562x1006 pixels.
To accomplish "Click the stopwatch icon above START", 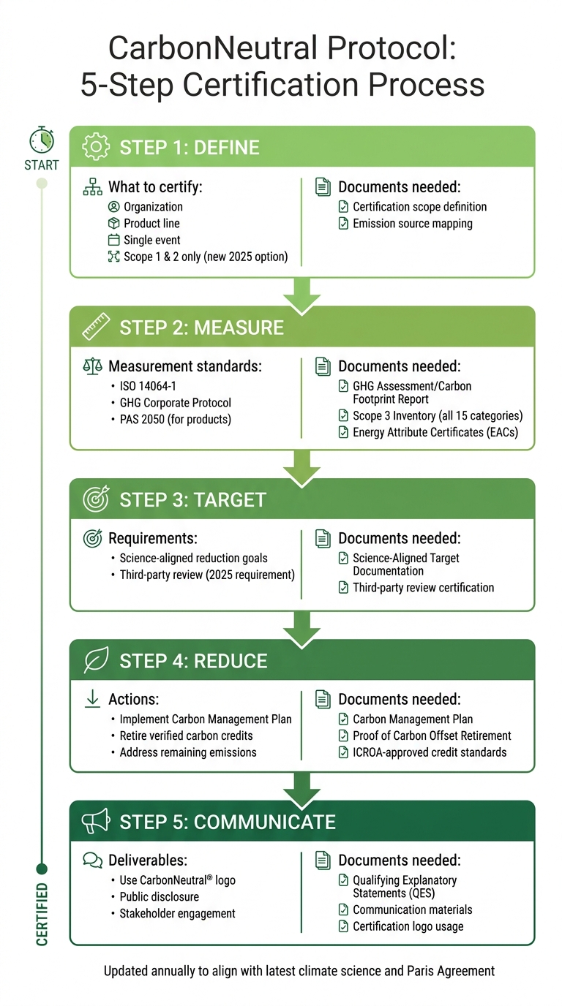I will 41,140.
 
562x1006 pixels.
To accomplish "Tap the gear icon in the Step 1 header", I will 95,147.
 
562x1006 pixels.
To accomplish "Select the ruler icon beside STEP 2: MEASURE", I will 96,327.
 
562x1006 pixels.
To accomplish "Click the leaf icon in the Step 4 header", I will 96,661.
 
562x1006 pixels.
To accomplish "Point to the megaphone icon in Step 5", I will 95,822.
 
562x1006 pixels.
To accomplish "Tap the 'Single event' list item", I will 151,240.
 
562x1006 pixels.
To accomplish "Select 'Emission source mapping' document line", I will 412,224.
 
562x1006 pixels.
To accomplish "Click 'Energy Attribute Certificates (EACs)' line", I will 435,432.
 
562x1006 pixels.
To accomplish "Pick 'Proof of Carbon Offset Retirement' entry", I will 432,735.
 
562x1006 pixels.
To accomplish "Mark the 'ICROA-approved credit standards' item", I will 429,752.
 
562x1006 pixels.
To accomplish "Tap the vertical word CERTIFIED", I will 42,915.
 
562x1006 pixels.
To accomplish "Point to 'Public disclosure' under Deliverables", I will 159,896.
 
